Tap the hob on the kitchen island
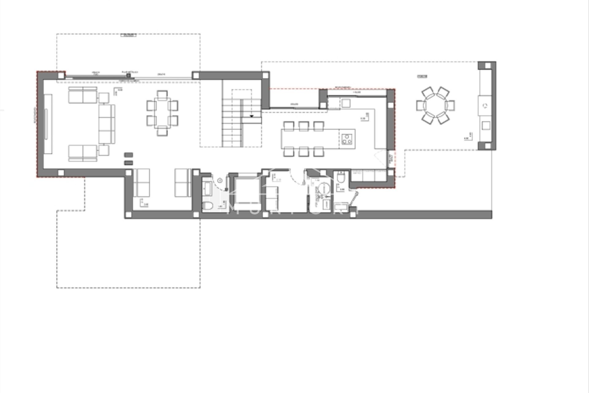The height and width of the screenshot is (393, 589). click(x=347, y=138)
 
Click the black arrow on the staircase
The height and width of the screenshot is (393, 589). click(x=252, y=116)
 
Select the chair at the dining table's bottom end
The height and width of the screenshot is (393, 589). click(x=162, y=131)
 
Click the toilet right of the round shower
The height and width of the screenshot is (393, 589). click(x=341, y=177)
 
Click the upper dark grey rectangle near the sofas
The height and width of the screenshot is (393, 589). click(x=129, y=155)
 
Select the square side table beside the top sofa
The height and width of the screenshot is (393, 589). click(x=104, y=98)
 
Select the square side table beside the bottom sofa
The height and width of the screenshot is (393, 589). click(x=104, y=150)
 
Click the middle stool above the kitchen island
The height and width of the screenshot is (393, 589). click(x=303, y=126)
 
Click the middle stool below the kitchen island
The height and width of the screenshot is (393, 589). click(x=303, y=151)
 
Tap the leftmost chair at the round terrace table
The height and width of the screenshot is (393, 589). click(x=420, y=106)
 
